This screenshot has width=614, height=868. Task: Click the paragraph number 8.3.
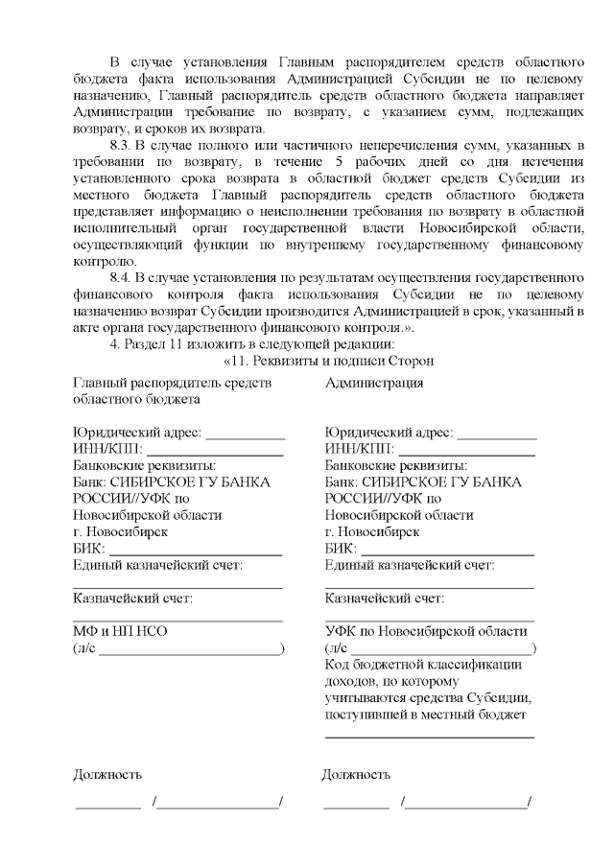(123, 144)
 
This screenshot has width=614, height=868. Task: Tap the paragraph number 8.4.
(123, 278)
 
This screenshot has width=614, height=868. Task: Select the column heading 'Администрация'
(374, 383)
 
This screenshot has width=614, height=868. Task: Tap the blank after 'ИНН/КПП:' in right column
(466, 450)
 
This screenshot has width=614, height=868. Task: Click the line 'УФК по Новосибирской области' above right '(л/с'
(426, 631)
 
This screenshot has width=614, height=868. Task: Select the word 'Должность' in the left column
(107, 774)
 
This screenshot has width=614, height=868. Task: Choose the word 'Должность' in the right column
(356, 774)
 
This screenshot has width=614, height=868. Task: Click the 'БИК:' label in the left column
(89, 549)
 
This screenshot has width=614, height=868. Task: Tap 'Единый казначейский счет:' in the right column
(410, 565)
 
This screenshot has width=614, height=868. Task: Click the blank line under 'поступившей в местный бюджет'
(429, 737)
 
